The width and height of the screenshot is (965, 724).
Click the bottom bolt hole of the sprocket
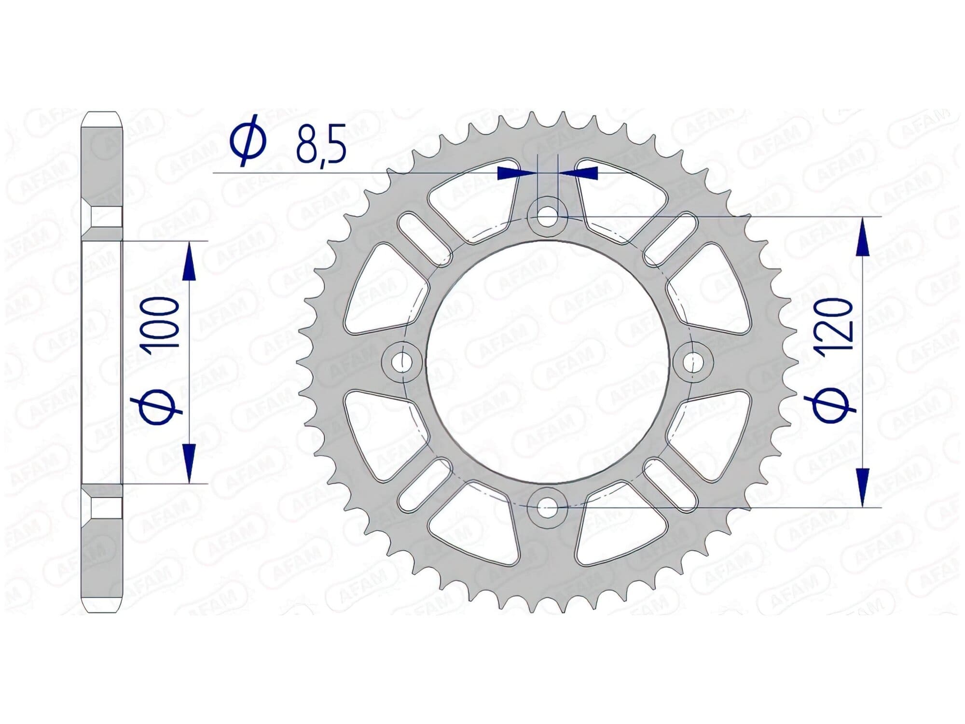(x=547, y=507)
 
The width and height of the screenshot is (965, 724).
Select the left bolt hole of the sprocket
(x=400, y=362)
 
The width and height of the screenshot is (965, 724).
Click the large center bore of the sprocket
(x=547, y=362)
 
